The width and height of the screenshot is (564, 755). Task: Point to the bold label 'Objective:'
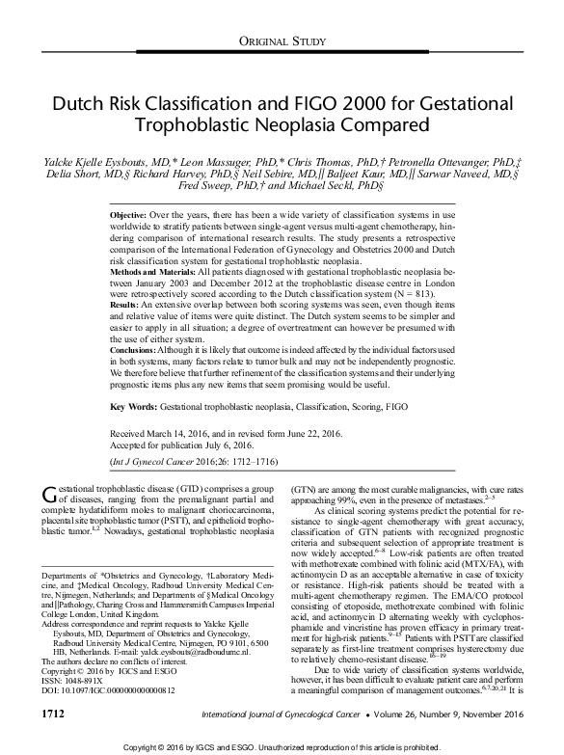(130, 209)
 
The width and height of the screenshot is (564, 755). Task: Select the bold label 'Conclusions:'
(134, 344)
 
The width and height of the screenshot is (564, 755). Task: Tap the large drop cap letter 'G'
(52, 495)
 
